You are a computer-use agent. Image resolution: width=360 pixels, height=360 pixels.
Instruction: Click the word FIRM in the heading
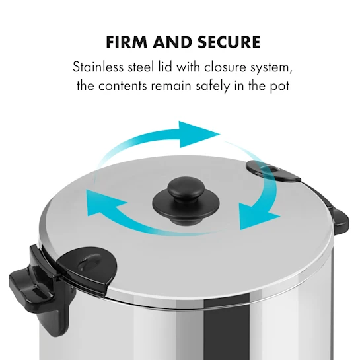[127, 42]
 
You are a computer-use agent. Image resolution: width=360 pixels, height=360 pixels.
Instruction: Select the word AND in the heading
[173, 42]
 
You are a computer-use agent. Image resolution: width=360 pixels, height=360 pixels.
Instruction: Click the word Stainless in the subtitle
[98, 67]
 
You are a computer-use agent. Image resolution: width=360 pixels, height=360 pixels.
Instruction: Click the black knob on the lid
[186, 200]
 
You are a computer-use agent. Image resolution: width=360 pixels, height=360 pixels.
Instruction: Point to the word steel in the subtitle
[141, 67]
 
